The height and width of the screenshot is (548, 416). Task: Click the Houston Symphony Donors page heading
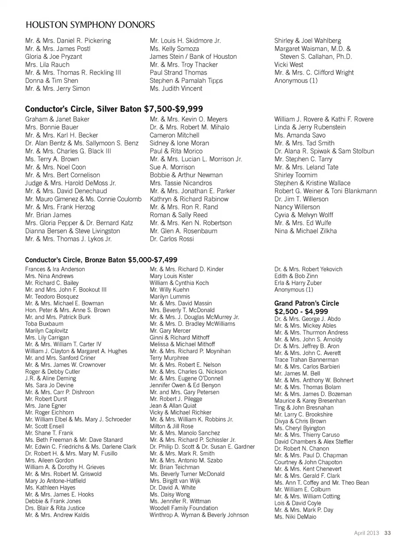[90, 24]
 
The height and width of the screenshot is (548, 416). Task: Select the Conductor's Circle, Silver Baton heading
[114, 109]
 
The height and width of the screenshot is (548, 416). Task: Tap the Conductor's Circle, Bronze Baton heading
[101, 260]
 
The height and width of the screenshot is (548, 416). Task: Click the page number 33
[387, 533]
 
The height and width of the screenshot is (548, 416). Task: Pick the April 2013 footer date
[367, 533]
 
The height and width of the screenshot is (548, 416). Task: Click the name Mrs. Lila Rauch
[47, 65]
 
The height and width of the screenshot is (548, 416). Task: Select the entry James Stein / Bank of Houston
[193, 57]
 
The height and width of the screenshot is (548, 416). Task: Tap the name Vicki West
[289, 65]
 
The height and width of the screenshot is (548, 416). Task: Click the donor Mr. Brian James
[48, 215]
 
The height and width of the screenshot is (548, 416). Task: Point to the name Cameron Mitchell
[175, 135]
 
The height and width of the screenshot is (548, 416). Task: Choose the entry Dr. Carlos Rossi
[172, 239]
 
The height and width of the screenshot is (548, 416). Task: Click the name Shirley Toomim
[296, 175]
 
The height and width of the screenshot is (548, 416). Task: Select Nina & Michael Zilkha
[305, 231]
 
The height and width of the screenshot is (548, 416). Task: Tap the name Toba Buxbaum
[44, 324]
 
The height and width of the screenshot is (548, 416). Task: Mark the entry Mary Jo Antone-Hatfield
[55, 480]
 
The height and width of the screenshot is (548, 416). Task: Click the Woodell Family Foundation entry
[184, 508]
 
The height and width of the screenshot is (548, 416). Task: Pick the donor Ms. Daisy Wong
[170, 494]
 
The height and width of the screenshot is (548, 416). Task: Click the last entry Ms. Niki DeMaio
[295, 517]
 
